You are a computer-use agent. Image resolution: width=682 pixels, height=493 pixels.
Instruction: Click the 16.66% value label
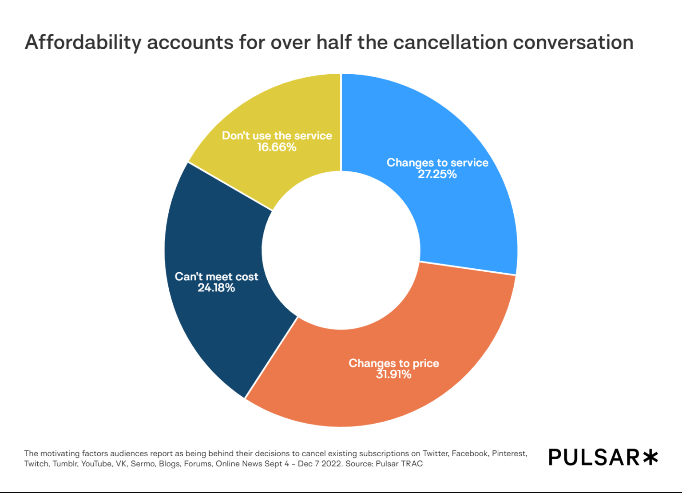(277, 147)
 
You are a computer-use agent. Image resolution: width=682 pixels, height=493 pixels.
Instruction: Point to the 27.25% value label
(437, 174)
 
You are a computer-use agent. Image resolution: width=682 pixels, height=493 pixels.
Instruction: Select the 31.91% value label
(394, 374)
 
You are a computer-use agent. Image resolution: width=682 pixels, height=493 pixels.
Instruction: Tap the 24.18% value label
(216, 288)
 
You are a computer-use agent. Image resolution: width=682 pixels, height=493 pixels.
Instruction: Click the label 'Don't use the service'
(277, 135)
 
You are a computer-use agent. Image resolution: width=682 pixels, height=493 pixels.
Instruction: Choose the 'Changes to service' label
(437, 163)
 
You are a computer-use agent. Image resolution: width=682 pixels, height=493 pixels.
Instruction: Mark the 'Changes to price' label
(394, 363)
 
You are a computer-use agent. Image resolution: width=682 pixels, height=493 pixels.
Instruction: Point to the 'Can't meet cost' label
(216, 276)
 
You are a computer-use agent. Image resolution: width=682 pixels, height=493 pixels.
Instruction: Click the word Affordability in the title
(83, 43)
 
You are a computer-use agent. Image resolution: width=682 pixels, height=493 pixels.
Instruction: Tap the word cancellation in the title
(450, 43)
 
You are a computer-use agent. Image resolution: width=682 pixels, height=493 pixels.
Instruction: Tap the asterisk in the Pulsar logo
(650, 457)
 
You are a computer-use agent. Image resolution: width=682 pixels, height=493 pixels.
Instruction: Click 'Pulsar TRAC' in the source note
(399, 464)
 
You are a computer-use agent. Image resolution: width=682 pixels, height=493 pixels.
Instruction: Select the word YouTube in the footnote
(96, 464)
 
